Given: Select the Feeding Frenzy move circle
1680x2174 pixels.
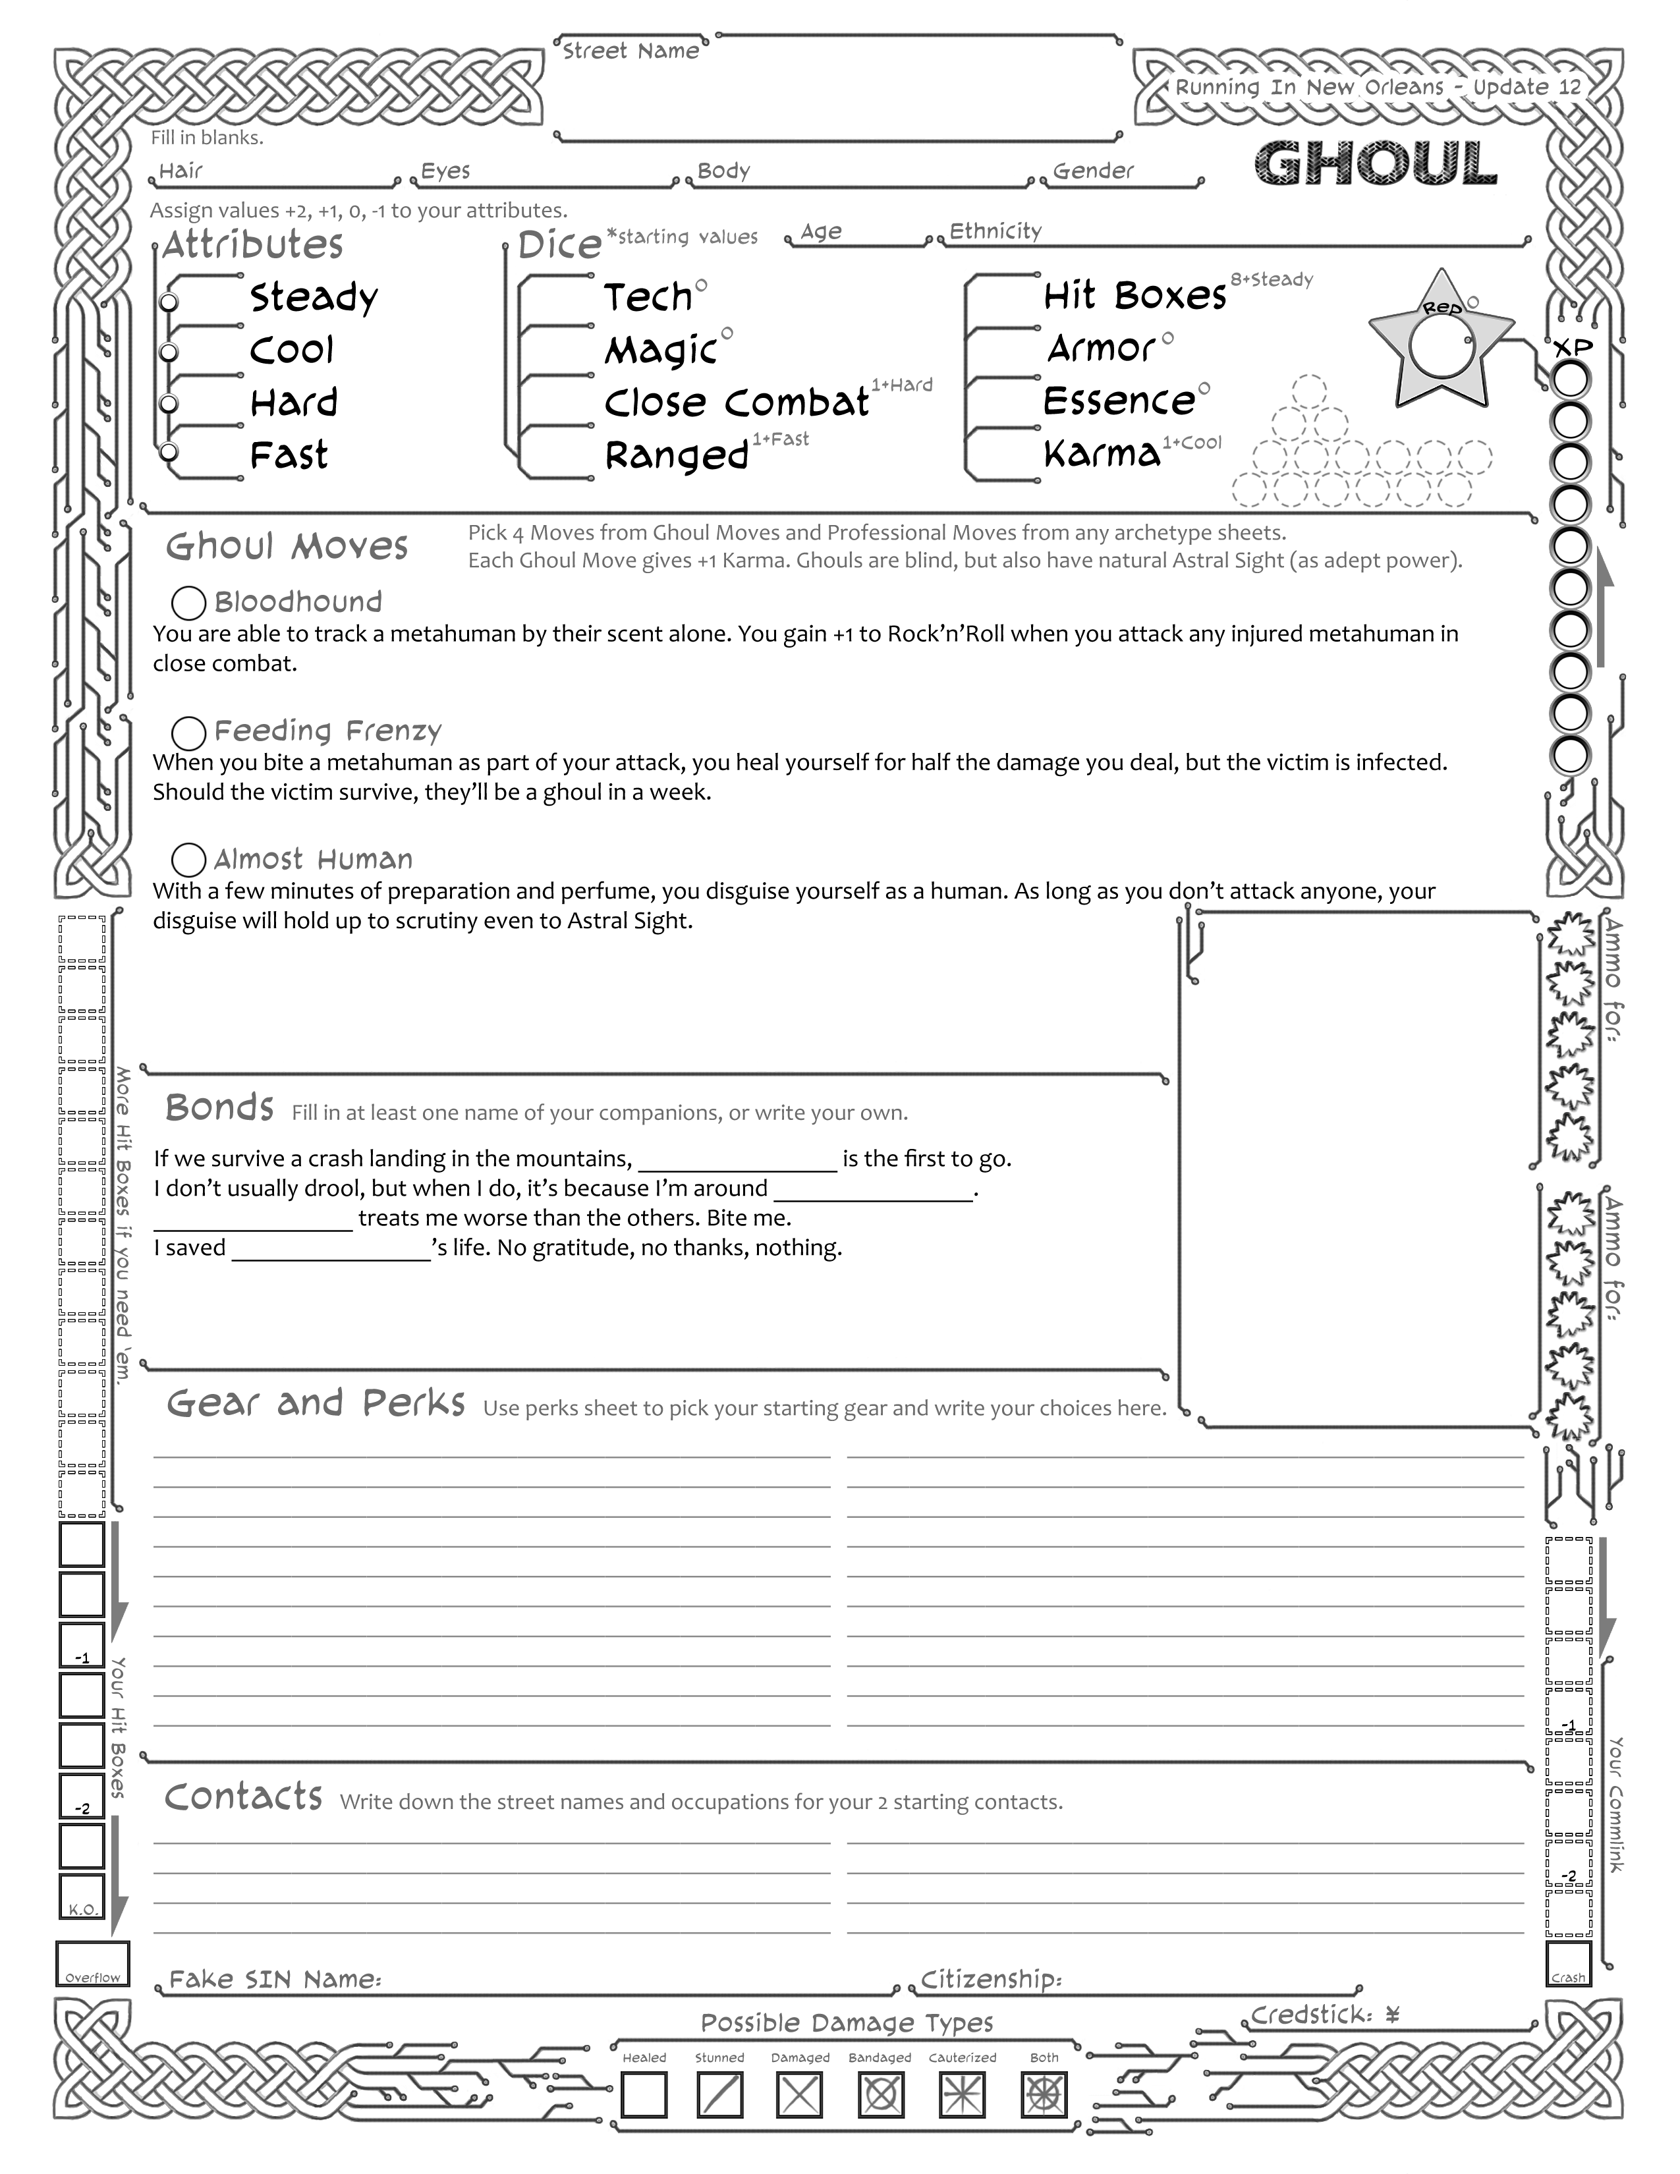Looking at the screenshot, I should [x=189, y=733].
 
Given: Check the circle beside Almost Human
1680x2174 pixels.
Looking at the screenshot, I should [x=189, y=860].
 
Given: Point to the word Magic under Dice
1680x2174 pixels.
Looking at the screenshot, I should [x=661, y=350].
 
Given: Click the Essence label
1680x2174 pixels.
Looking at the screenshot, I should [x=1119, y=401].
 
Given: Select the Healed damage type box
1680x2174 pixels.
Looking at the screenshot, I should [x=644, y=2094].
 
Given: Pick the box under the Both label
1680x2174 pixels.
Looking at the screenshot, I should [x=1044, y=2094].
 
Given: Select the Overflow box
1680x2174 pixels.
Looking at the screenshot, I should [x=92, y=1963].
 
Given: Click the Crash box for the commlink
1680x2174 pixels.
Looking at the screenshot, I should [x=1569, y=1963].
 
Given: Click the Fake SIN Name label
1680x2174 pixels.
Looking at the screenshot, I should [x=275, y=1979].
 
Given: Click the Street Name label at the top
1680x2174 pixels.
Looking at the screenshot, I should [x=630, y=51].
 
